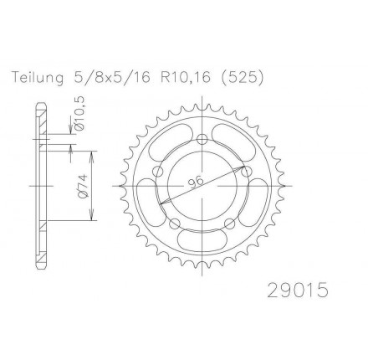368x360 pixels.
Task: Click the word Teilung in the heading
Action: [38, 78]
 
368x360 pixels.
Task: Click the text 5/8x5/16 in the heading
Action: [110, 78]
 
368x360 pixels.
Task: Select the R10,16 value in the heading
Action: [185, 78]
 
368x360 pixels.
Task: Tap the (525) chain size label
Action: [242, 78]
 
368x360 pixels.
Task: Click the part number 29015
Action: [298, 290]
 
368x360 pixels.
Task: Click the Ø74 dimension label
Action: [84, 187]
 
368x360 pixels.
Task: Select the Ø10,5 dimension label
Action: [80, 113]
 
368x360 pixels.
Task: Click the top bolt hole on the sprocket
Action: [202, 140]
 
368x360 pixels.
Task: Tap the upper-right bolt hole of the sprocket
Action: [246, 172]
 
